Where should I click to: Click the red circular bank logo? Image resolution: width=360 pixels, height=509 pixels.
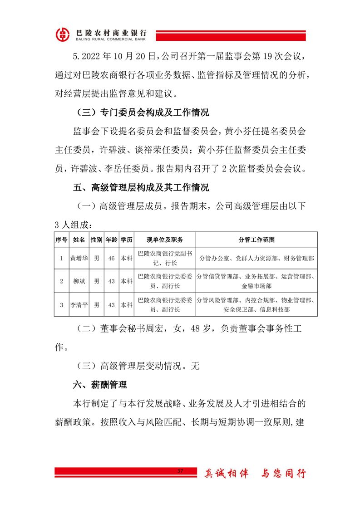pos(64,34)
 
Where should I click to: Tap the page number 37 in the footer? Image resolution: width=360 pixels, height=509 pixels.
pos(180,472)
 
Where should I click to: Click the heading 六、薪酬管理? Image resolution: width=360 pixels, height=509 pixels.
pos(100,385)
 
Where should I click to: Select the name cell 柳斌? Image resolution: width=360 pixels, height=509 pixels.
pos(79,281)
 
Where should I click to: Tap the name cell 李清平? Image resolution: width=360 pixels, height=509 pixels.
pos(79,305)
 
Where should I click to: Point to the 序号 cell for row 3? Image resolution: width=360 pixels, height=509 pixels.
pos(61,305)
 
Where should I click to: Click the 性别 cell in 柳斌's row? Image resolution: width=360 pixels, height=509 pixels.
pos(96,281)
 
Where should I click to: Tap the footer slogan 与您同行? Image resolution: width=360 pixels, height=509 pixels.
pos(284,474)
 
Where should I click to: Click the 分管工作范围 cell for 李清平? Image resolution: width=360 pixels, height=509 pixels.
pos(256,305)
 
